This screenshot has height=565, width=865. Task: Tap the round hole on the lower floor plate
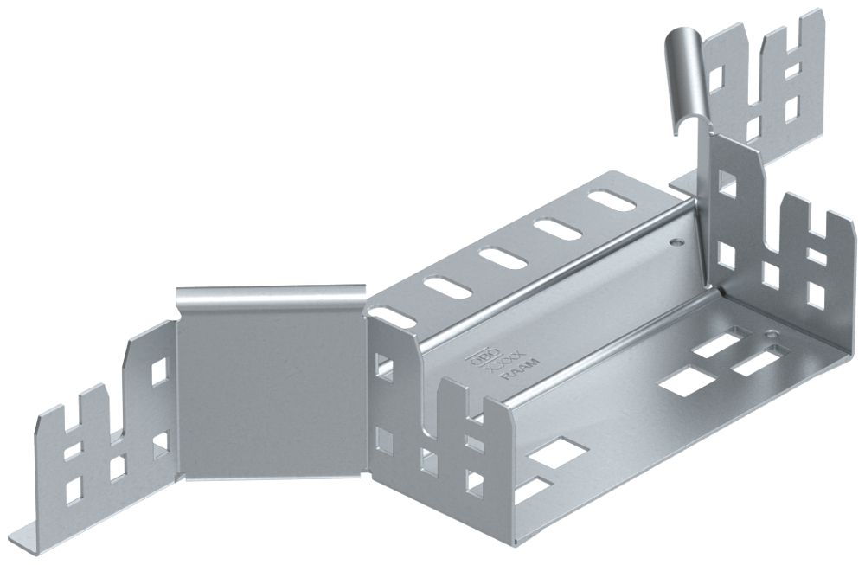[x=768, y=334]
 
